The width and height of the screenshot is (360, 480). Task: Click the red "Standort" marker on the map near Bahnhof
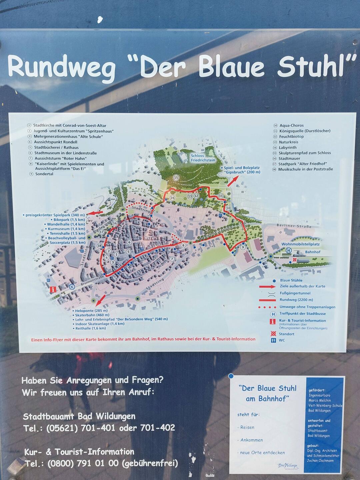click(x=295, y=259)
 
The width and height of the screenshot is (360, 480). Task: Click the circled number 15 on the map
click(x=176, y=177)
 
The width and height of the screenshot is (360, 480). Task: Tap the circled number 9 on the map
click(x=243, y=247)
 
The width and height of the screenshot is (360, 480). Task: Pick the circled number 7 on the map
click(x=172, y=259)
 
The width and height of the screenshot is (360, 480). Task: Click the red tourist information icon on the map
click(x=53, y=290)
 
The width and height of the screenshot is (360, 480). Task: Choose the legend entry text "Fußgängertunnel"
click(x=295, y=293)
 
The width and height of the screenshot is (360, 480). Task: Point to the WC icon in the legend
click(x=273, y=340)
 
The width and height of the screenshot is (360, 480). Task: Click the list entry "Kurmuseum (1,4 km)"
click(x=66, y=229)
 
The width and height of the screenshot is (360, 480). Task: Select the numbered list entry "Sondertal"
click(x=44, y=174)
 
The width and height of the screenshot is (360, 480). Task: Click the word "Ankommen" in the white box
click(x=252, y=440)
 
